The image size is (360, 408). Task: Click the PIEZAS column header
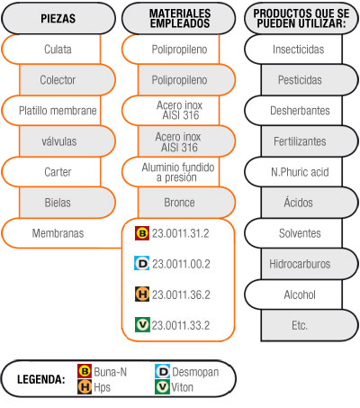pos(58,19)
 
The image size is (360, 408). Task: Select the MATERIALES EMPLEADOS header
pos(179,19)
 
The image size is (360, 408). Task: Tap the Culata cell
pos(51,50)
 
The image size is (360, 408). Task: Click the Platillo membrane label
pos(58,111)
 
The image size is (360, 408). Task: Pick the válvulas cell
pos(67,141)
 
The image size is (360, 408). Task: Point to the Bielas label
pos(58,203)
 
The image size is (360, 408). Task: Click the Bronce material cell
pos(186,203)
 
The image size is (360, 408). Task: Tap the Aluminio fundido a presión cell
pos(171,172)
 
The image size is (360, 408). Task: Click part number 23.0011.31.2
pos(180,233)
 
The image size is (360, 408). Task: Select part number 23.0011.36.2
pos(181,295)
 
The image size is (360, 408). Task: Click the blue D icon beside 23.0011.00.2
pos(142,263)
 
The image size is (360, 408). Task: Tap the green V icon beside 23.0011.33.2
pos(142,325)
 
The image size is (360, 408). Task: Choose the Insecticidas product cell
pos(293,50)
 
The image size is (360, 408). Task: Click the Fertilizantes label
pos(300,141)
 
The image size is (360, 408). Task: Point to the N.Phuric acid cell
pos(293,172)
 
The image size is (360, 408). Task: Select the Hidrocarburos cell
pos(310,264)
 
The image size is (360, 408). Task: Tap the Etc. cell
pos(310,325)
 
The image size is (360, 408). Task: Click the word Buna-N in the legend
pos(111,372)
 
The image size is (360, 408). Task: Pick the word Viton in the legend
pos(182,387)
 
